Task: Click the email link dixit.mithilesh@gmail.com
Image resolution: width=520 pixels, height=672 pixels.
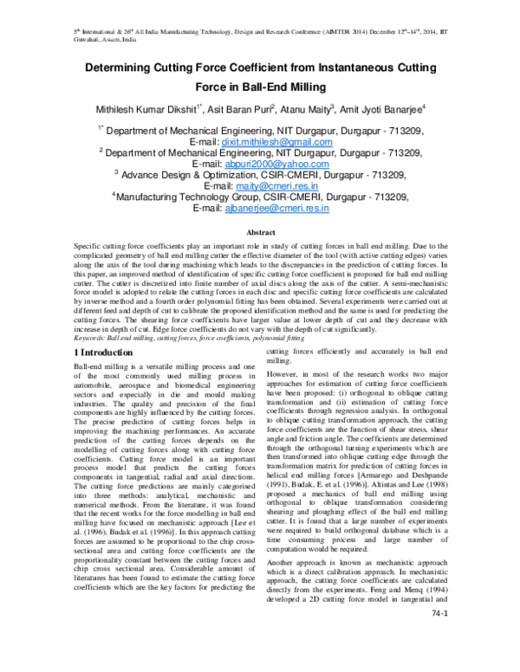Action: pos(276,142)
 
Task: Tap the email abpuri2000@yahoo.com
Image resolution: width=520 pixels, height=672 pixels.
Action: pos(276,164)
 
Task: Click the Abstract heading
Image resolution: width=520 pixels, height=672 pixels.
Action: pos(260,234)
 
